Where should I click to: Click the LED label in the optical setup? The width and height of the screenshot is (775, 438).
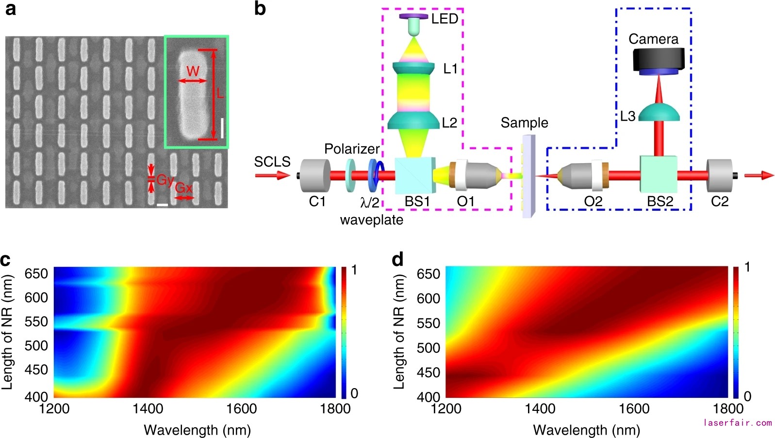click(x=445, y=19)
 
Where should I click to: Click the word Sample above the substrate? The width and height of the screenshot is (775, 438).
click(x=524, y=123)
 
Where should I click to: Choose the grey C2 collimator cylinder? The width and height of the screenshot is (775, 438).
click(x=722, y=175)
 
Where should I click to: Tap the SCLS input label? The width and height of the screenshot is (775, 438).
click(x=272, y=161)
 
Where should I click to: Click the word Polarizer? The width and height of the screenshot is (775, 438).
click(x=352, y=149)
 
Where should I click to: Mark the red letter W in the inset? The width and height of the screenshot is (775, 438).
click(x=193, y=71)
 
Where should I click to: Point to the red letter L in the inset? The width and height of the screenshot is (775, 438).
click(x=220, y=93)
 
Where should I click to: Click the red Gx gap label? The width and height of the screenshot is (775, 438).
click(x=184, y=188)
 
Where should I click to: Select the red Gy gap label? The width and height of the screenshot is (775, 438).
click(x=165, y=180)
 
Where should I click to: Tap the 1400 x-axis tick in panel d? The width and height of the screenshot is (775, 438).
click(x=540, y=409)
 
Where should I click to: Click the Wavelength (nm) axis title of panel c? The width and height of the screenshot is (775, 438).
click(x=197, y=429)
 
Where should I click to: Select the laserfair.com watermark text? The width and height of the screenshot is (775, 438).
click(x=737, y=422)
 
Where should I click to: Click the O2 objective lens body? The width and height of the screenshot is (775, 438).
click(x=580, y=175)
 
